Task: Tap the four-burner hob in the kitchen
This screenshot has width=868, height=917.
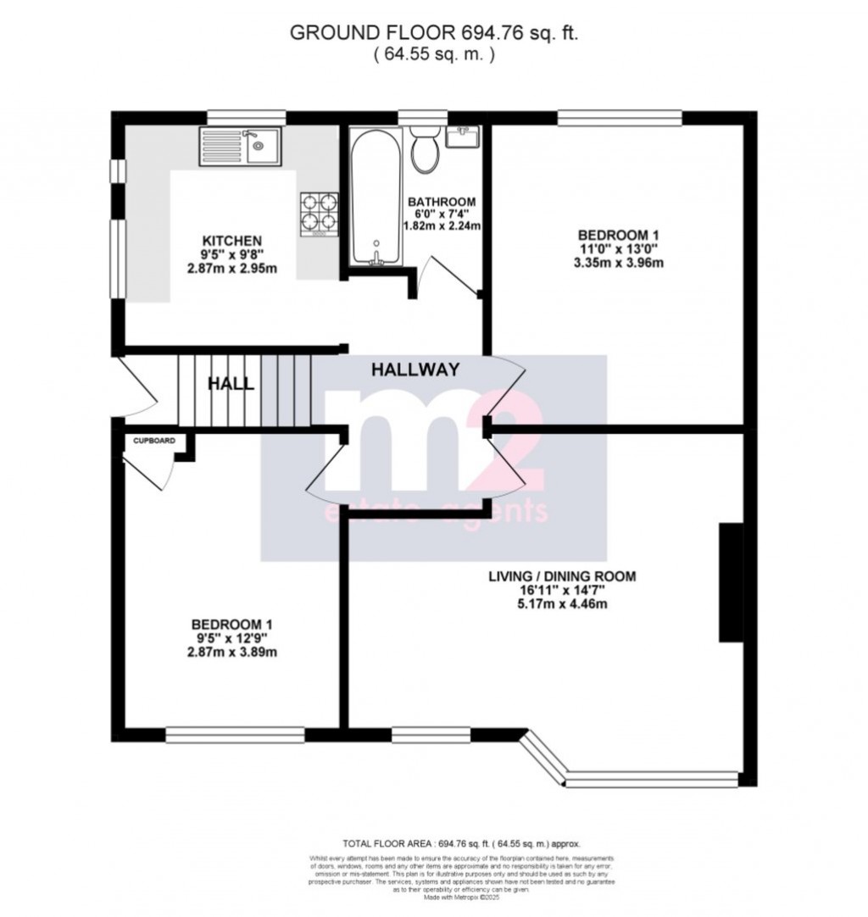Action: [319, 212]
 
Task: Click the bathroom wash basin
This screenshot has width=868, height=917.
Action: [462, 136]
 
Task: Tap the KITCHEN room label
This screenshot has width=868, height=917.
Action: [225, 240]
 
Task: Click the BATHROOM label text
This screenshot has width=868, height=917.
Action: [442, 202]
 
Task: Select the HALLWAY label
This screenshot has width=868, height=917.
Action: [415, 370]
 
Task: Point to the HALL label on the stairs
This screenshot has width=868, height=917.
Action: [231, 384]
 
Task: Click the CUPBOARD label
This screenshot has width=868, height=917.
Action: [153, 442]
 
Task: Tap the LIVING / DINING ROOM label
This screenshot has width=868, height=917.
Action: [562, 576]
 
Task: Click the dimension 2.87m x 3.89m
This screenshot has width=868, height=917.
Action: [232, 653]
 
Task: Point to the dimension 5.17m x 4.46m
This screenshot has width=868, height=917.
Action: [562, 604]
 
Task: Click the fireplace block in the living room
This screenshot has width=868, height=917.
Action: [731, 582]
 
